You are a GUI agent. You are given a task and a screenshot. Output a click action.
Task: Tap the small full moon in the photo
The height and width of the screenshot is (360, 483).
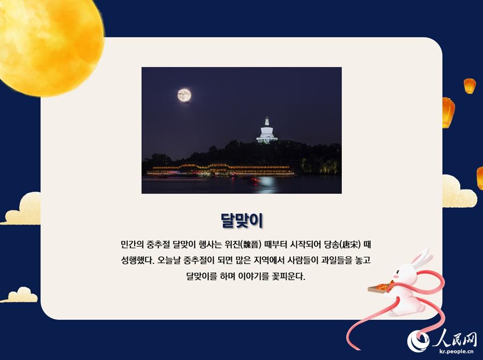pyautogui.click(x=184, y=95)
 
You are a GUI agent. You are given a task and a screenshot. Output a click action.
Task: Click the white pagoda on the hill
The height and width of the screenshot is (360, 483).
pyautogui.click(x=267, y=130)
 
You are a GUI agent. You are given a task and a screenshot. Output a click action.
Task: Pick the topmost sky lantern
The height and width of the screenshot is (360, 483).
pyautogui.click(x=470, y=86)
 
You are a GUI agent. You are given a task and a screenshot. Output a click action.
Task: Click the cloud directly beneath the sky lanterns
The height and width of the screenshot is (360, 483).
pyautogui.click(x=459, y=193)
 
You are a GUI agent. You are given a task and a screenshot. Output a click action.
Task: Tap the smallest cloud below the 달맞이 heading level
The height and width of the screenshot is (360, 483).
pyautogui.click(x=20, y=295)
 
